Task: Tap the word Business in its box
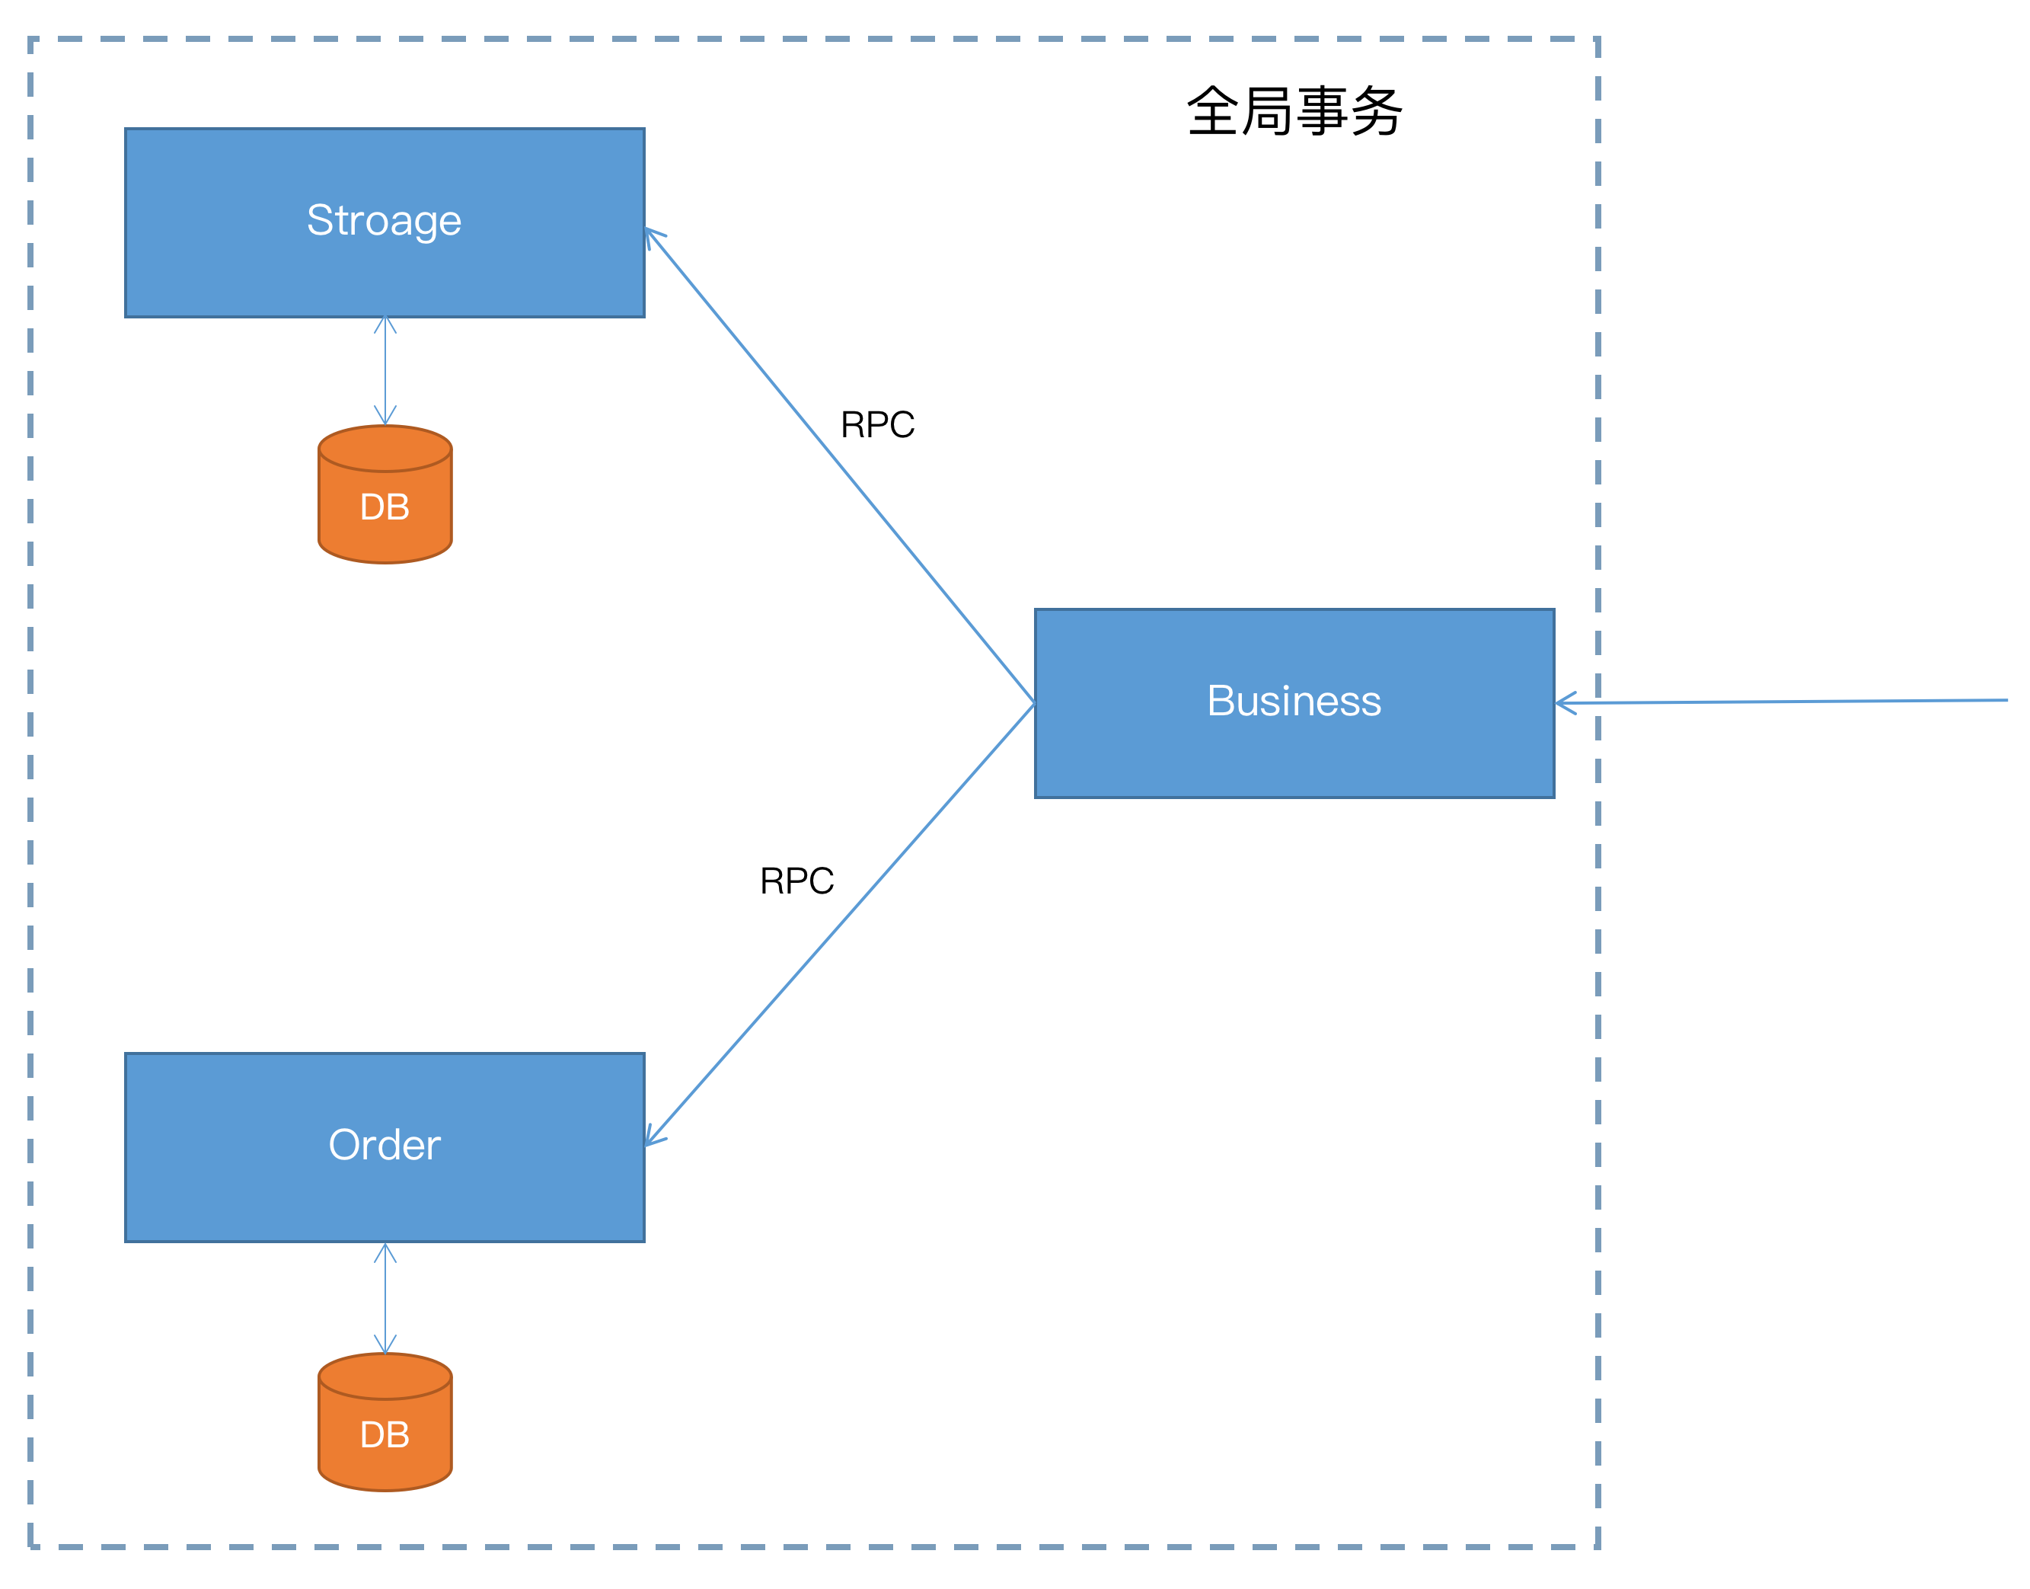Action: click(1294, 702)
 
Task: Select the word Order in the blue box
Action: click(384, 1145)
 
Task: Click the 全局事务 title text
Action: click(1294, 112)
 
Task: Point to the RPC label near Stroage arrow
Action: click(877, 425)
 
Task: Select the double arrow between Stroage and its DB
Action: click(385, 370)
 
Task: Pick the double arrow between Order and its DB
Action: click(385, 1299)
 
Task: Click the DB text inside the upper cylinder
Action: click(385, 508)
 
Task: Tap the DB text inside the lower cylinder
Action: click(385, 1435)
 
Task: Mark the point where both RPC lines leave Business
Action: click(1034, 703)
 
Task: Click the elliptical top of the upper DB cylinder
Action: click(385, 449)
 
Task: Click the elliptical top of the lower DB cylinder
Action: click(385, 1376)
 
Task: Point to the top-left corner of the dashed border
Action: click(30, 39)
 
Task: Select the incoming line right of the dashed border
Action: click(1813, 702)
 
